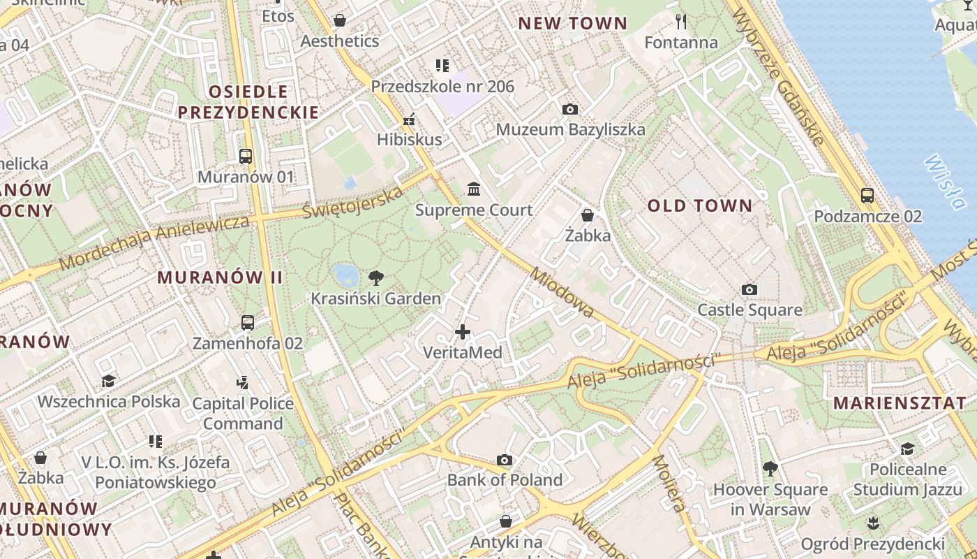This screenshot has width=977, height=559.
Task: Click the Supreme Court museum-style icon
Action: (475, 189)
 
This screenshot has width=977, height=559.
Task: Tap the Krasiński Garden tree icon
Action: (376, 277)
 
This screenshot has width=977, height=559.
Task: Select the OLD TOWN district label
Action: (700, 205)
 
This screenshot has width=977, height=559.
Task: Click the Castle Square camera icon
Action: (749, 289)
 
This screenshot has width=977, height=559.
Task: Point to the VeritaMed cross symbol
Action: (463, 332)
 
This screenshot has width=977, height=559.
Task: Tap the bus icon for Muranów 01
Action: (246, 156)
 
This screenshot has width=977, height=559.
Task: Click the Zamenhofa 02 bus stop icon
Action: (248, 323)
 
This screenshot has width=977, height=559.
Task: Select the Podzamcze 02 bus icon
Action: (867, 196)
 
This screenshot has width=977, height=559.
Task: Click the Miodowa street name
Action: (562, 292)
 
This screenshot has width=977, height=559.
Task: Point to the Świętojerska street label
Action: (353, 202)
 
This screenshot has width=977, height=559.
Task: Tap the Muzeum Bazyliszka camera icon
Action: (570, 109)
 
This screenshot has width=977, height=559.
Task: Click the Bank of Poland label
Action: (505, 480)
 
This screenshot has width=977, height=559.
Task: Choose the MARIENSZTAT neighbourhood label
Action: (900, 402)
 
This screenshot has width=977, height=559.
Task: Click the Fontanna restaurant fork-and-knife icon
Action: (682, 22)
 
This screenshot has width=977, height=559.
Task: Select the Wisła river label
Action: (944, 182)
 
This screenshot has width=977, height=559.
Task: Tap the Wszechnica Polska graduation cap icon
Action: (108, 381)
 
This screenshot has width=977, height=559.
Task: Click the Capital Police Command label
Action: (243, 413)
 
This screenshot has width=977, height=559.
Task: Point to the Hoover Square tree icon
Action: (770, 468)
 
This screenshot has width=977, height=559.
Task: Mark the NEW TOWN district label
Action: (572, 23)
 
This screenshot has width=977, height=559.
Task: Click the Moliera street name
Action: (669, 483)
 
